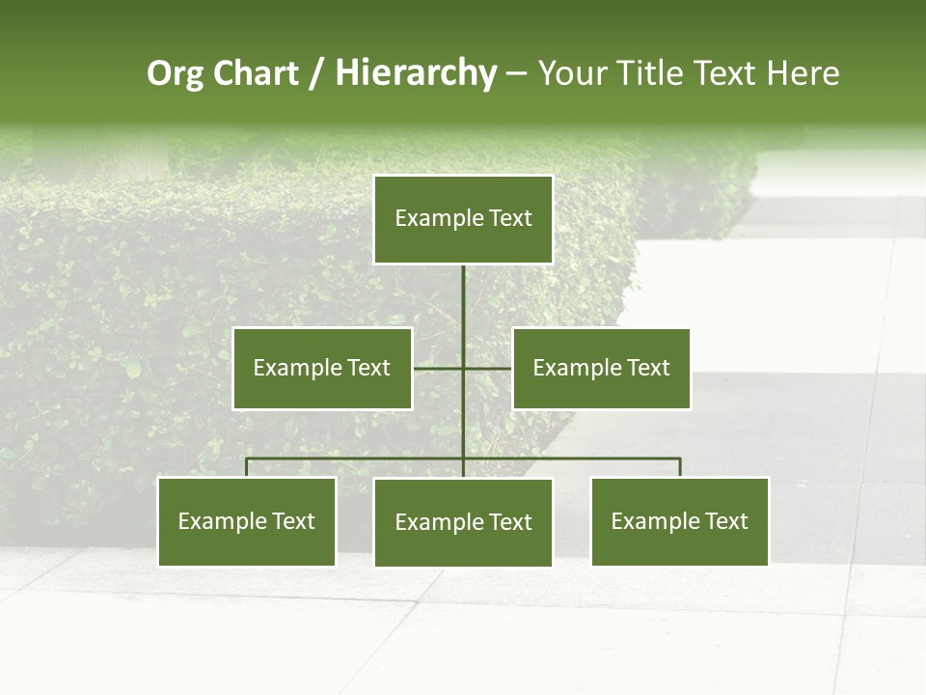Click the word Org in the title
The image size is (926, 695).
[x=176, y=73]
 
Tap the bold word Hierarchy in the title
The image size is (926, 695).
[x=416, y=73]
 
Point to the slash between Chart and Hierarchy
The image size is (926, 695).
[x=316, y=74]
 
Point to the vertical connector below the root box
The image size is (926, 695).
[x=463, y=309]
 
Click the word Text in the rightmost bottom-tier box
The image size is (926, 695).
[x=725, y=521]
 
